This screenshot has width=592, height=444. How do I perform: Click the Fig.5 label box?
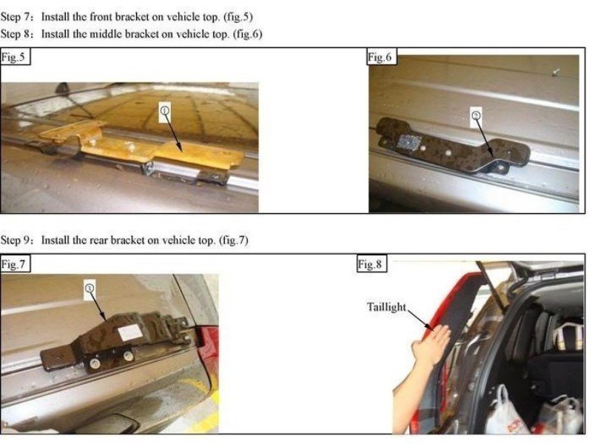(x=15, y=57)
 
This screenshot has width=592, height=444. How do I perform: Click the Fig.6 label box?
(x=381, y=57)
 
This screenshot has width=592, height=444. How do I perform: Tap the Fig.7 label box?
(x=15, y=263)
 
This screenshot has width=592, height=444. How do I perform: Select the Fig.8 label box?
(x=371, y=263)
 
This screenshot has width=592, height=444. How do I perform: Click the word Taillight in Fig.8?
(x=386, y=307)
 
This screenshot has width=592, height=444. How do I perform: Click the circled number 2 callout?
(x=476, y=116)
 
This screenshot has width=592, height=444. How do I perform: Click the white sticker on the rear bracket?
(x=130, y=332)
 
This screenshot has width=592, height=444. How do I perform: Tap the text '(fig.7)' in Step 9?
(x=234, y=240)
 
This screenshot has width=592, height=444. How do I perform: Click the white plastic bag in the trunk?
(x=504, y=414)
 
